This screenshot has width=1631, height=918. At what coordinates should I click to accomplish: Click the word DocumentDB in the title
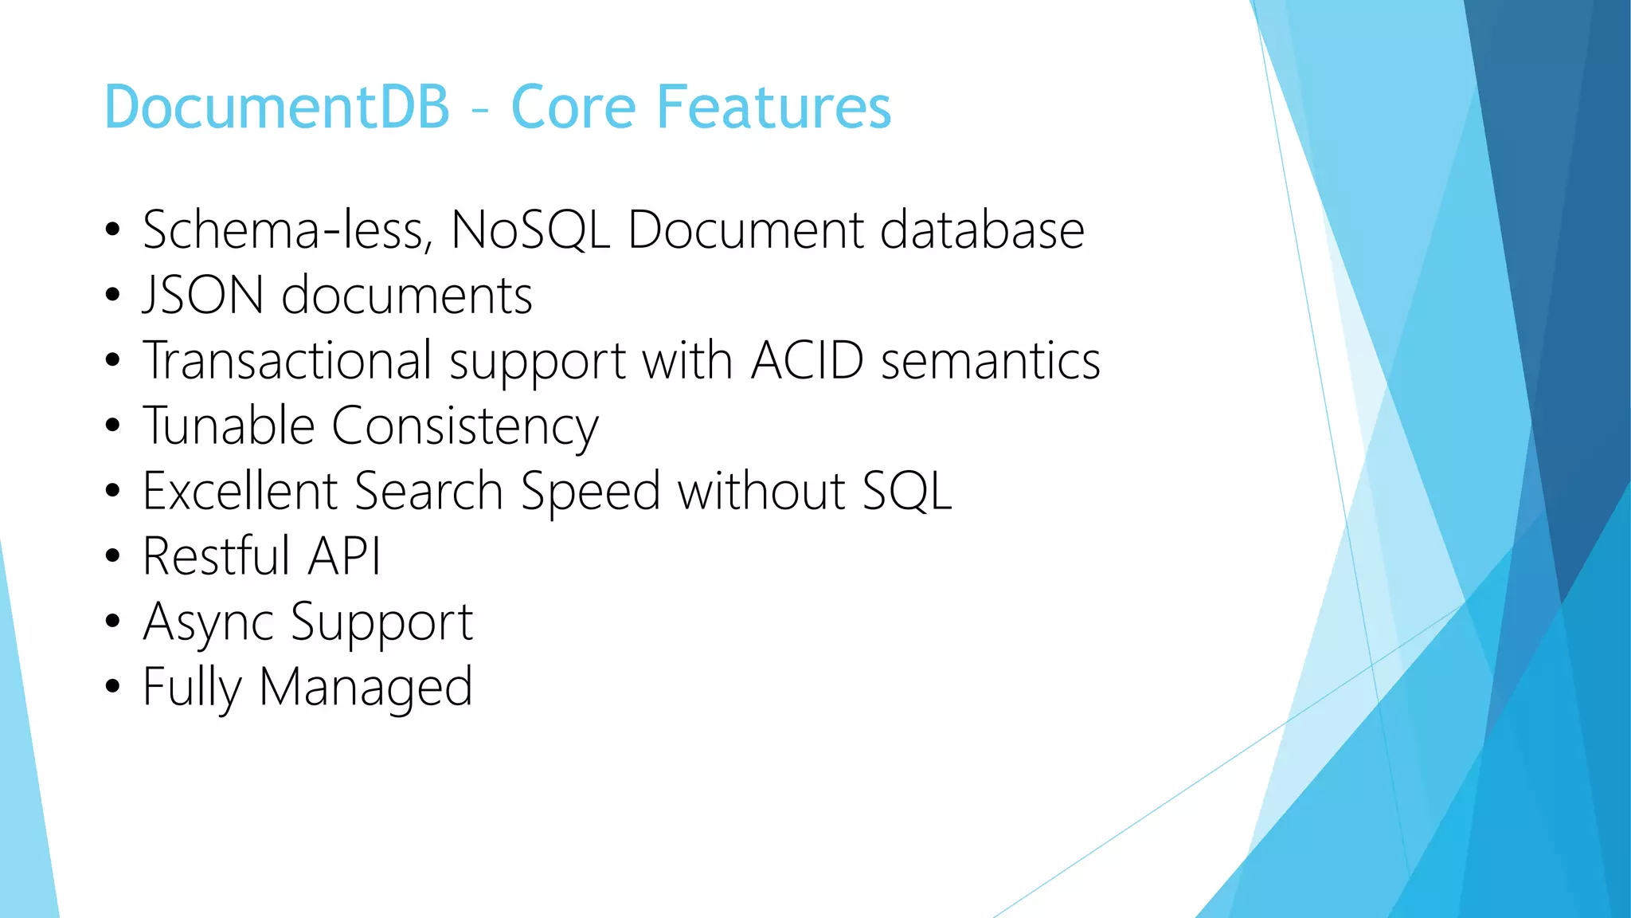(x=277, y=107)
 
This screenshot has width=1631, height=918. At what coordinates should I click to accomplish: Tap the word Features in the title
(x=772, y=107)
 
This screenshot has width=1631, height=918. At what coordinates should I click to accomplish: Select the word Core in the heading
(x=573, y=107)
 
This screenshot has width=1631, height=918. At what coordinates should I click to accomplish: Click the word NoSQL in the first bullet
(x=530, y=230)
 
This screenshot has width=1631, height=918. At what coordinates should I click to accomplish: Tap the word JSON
(x=203, y=296)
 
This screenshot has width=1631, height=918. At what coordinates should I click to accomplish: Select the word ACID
(x=807, y=360)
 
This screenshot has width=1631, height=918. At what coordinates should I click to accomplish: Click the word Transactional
(x=287, y=360)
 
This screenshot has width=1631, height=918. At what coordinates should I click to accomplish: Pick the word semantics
(x=991, y=360)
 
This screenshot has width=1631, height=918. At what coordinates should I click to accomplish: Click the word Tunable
(x=229, y=426)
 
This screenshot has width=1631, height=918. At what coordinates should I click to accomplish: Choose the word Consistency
(x=464, y=427)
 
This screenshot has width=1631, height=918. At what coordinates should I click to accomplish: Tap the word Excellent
(x=240, y=491)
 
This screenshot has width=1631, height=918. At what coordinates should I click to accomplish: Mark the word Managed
(x=366, y=688)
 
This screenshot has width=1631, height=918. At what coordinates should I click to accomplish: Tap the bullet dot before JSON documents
(x=112, y=295)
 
